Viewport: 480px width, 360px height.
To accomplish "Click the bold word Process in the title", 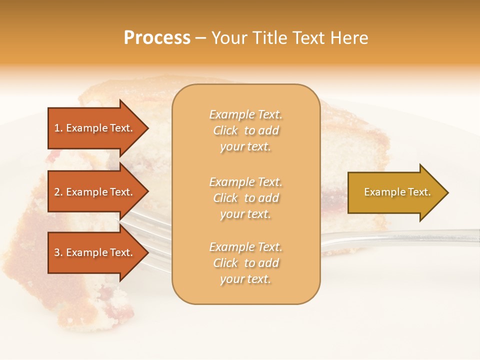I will (157, 38).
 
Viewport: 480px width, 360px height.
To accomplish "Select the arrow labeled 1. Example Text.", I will (95, 128).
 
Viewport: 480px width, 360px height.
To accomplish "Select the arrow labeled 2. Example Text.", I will (95, 192).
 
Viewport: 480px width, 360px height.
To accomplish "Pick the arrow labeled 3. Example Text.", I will (95, 252).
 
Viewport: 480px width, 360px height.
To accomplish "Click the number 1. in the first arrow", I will (58, 128).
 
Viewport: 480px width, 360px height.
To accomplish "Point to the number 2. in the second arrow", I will (58, 192).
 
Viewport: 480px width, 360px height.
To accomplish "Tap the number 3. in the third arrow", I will (58, 252).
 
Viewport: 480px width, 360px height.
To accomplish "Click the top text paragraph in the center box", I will (245, 130).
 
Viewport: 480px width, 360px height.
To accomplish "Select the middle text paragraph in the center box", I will (245, 197).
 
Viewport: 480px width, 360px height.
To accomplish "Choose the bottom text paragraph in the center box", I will (245, 263).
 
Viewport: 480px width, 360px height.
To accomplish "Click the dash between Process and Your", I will (201, 38).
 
